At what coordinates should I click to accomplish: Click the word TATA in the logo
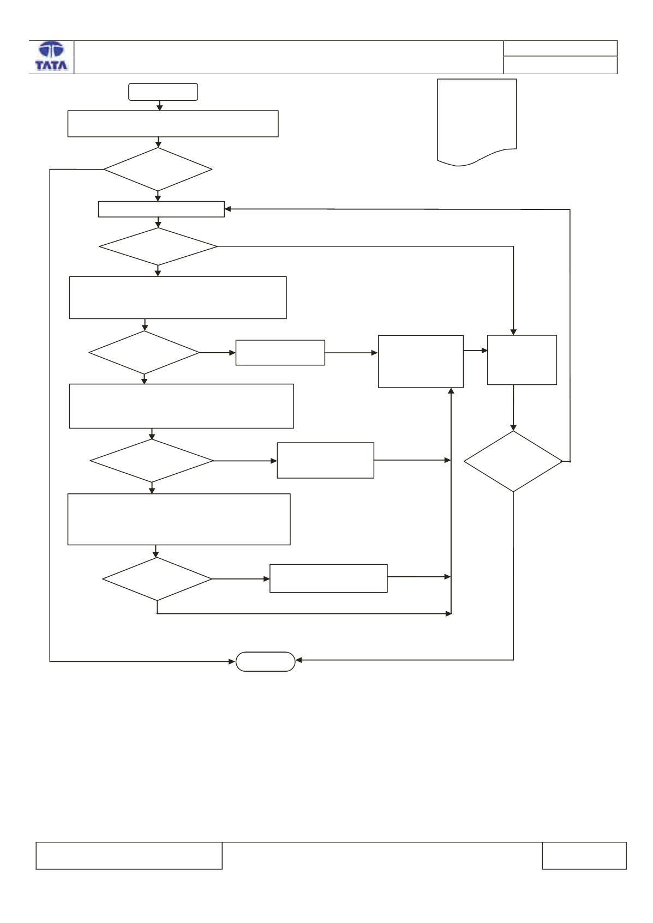pyautogui.click(x=51, y=65)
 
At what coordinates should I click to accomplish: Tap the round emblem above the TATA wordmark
pyautogui.click(x=51, y=50)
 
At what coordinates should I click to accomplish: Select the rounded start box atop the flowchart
pyautogui.click(x=163, y=92)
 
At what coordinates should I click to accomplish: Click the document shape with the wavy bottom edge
pyautogui.click(x=477, y=122)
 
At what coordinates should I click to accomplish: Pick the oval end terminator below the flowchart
pyautogui.click(x=266, y=661)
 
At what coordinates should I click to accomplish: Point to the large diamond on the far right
pyautogui.click(x=513, y=461)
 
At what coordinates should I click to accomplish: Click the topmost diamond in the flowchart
pyautogui.click(x=158, y=169)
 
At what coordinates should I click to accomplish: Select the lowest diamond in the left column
pyautogui.click(x=157, y=579)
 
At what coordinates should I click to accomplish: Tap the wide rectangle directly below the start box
pyautogui.click(x=173, y=124)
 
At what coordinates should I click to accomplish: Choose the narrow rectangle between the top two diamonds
pyautogui.click(x=161, y=209)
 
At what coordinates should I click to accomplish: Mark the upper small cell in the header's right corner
pyautogui.click(x=560, y=48)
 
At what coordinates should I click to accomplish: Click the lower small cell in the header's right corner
pyautogui.click(x=560, y=65)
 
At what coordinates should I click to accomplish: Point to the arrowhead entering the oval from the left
pyautogui.click(x=232, y=661)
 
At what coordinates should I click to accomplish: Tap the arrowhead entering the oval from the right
pyautogui.click(x=299, y=660)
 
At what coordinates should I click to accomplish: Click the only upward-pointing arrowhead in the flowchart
pyautogui.click(x=451, y=391)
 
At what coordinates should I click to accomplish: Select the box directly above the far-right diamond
pyautogui.click(x=522, y=360)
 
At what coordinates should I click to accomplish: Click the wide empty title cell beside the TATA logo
pyautogui.click(x=289, y=57)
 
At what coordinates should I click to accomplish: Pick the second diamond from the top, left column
pyautogui.click(x=158, y=246)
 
